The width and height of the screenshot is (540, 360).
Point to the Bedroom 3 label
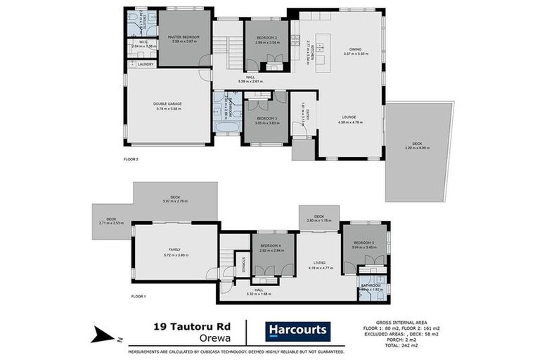tap(266, 117)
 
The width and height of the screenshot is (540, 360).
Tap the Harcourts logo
tap(296, 330)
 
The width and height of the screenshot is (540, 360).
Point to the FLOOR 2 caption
tap(131, 159)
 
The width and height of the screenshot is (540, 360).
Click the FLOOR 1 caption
tap(138, 297)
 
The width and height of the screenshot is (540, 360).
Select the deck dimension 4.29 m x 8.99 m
tap(418, 148)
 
